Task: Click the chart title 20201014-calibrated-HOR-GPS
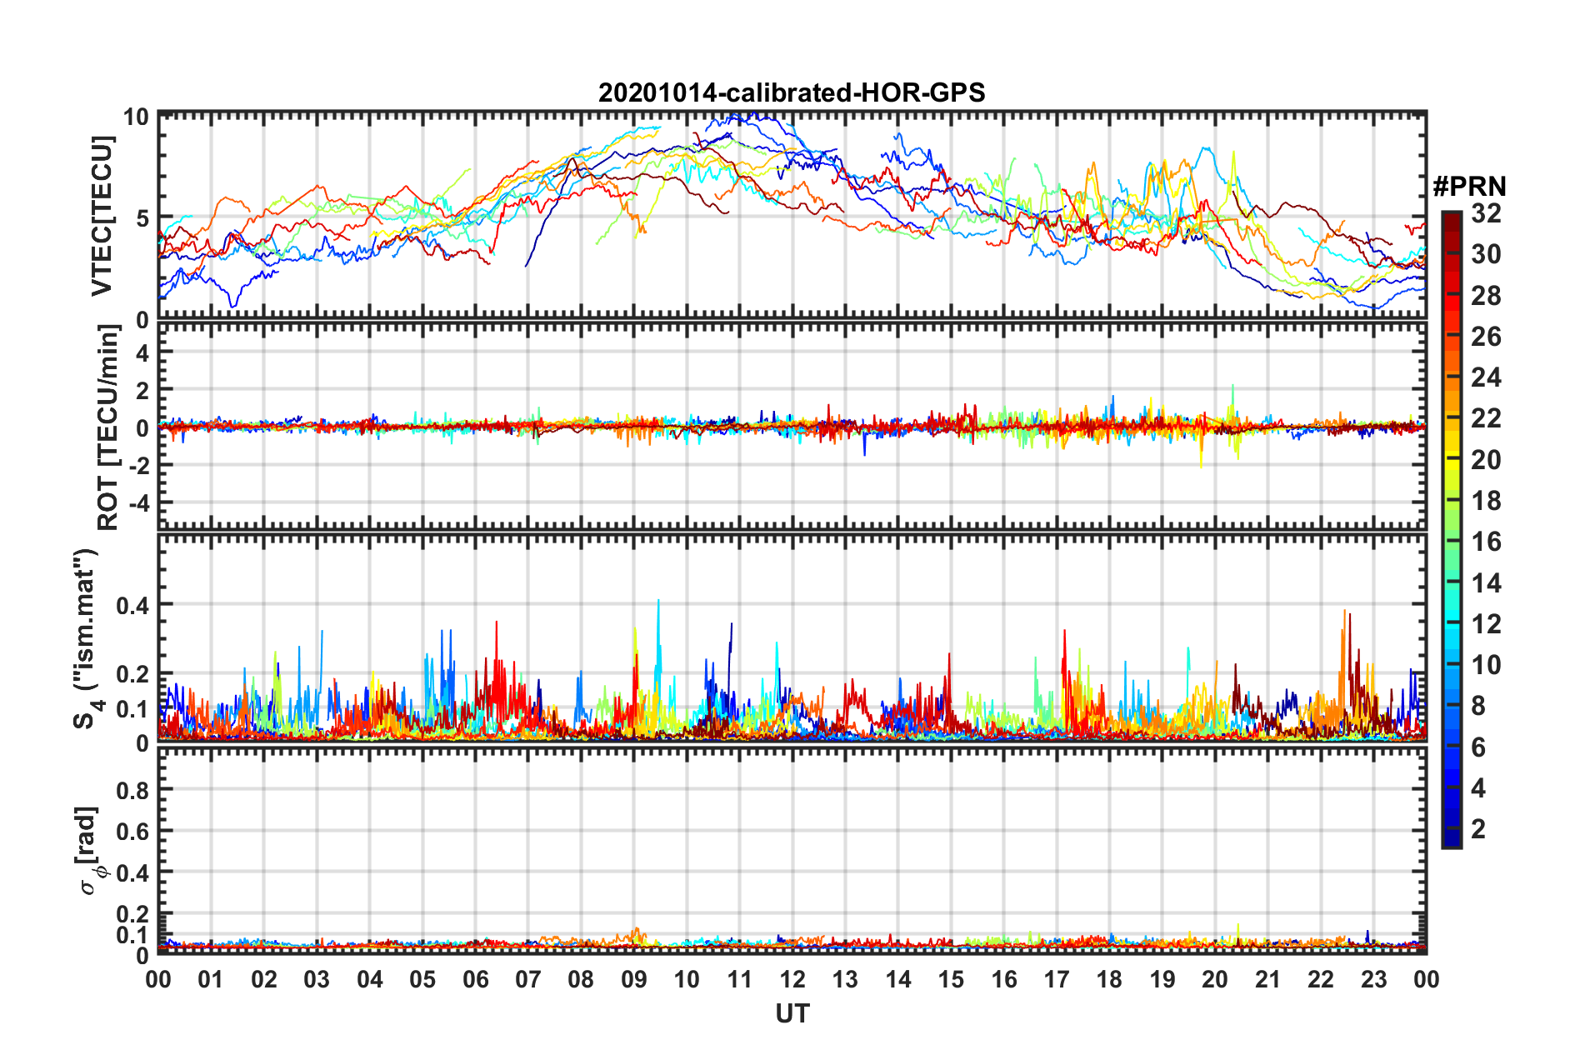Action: (792, 92)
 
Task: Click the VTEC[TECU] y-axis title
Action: (102, 217)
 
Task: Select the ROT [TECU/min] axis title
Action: (107, 427)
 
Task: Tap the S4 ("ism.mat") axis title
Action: (86, 638)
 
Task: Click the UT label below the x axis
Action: (792, 1013)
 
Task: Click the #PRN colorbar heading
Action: (1469, 187)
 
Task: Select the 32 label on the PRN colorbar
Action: (1486, 213)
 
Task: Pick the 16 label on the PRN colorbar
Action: (1486, 542)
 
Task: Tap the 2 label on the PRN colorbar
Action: (1478, 828)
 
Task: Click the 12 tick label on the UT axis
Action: (792, 979)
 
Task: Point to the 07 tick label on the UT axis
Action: (528, 979)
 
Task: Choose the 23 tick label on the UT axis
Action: (1373, 979)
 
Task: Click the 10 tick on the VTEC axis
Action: (136, 117)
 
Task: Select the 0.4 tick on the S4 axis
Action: (132, 605)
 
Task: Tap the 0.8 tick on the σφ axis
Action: (132, 790)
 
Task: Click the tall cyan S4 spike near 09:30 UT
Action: (658, 602)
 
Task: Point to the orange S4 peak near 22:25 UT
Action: (1343, 612)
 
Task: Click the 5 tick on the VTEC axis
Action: (142, 218)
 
